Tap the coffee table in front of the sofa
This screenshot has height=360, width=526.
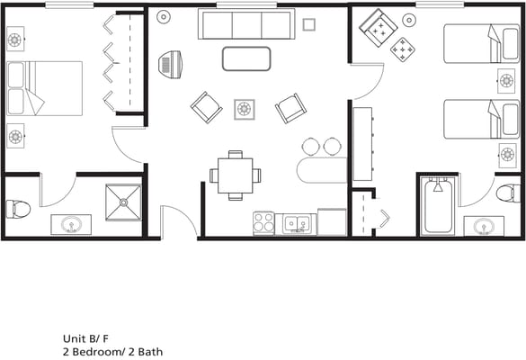click(x=246, y=58)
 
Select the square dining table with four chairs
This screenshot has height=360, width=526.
click(x=235, y=175)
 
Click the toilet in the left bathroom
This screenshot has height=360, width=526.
click(x=18, y=210)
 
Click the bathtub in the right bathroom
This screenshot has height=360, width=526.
click(x=439, y=207)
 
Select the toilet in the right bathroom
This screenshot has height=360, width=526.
click(x=508, y=193)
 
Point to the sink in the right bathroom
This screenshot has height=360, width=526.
click(x=484, y=225)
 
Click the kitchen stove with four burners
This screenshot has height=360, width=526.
click(x=263, y=222)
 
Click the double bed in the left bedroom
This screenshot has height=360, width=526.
click(x=45, y=87)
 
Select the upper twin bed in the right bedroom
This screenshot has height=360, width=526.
click(x=479, y=43)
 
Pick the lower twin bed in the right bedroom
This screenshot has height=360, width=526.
click(x=479, y=119)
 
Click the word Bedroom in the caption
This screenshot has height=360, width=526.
click(x=98, y=352)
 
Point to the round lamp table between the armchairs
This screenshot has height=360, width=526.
click(x=245, y=109)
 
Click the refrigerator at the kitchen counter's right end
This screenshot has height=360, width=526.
click(x=332, y=221)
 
